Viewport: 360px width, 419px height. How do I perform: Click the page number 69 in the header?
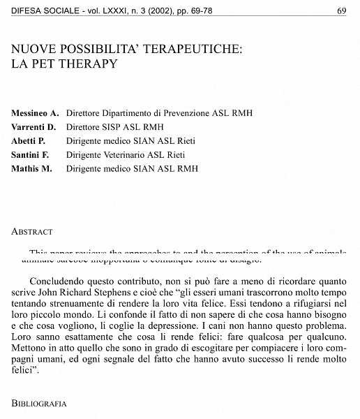pos(341,11)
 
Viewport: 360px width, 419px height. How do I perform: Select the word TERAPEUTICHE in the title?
pos(176,50)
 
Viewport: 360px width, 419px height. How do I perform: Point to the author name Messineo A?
pos(35,112)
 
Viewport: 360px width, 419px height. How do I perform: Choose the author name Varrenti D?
pos(33,126)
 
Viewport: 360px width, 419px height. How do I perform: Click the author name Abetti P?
pos(29,140)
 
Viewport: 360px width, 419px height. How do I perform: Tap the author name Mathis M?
pos(32,168)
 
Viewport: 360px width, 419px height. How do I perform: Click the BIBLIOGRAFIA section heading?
pos(39,404)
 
